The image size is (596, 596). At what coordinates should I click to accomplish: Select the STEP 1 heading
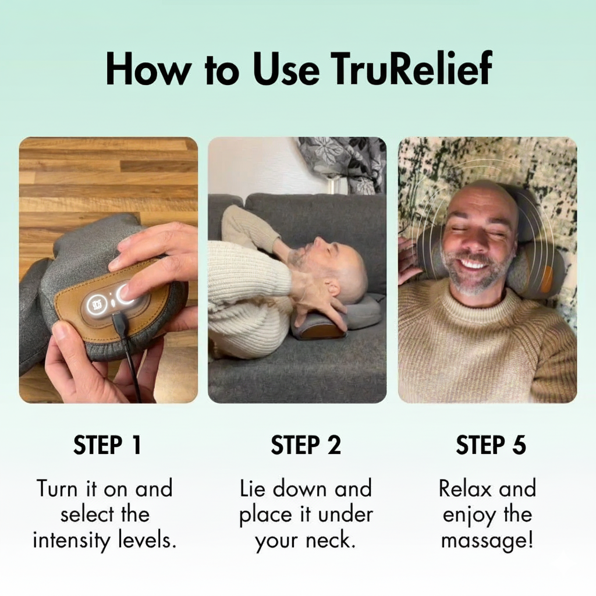pos(108,445)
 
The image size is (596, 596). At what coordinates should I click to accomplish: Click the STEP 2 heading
pos(306,445)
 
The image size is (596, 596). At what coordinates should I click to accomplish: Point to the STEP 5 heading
pos(491,445)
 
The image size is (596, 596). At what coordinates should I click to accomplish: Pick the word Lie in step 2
pos(252,488)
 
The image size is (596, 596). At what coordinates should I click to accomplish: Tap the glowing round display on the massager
pos(94,305)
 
